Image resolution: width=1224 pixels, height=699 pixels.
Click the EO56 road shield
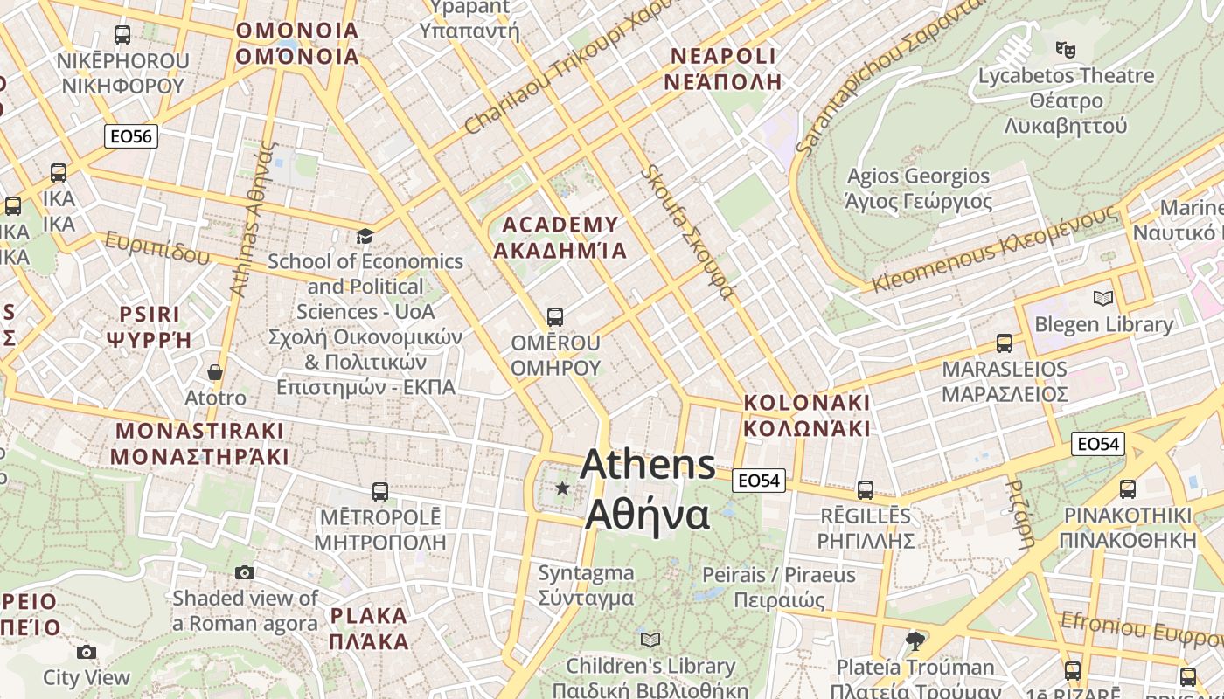pos(131,136)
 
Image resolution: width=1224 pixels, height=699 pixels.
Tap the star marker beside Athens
pos(562,488)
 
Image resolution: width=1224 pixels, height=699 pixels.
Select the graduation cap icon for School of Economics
pos(365,237)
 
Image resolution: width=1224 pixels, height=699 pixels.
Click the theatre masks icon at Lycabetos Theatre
pos(1065,49)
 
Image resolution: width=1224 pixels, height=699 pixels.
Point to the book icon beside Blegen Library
pos(1103,299)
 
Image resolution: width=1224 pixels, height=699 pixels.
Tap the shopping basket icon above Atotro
pos(215,373)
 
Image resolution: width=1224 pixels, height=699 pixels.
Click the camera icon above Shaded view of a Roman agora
pos(245,572)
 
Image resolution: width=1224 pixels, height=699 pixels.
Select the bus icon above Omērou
pos(554,316)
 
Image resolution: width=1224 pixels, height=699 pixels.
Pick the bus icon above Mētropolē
pos(379,492)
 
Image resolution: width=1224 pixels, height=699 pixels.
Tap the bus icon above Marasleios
pos(1004,343)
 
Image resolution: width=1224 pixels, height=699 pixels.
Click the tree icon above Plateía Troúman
pos(915,641)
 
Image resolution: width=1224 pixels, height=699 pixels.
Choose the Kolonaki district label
pos(806,415)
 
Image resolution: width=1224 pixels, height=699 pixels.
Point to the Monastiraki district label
pos(199,444)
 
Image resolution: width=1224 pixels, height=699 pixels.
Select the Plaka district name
pos(369,628)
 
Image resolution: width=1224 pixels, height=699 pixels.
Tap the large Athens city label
pos(647,489)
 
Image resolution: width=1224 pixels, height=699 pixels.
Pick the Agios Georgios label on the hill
pos(918,189)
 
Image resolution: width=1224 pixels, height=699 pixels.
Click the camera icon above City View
pos(86,652)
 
